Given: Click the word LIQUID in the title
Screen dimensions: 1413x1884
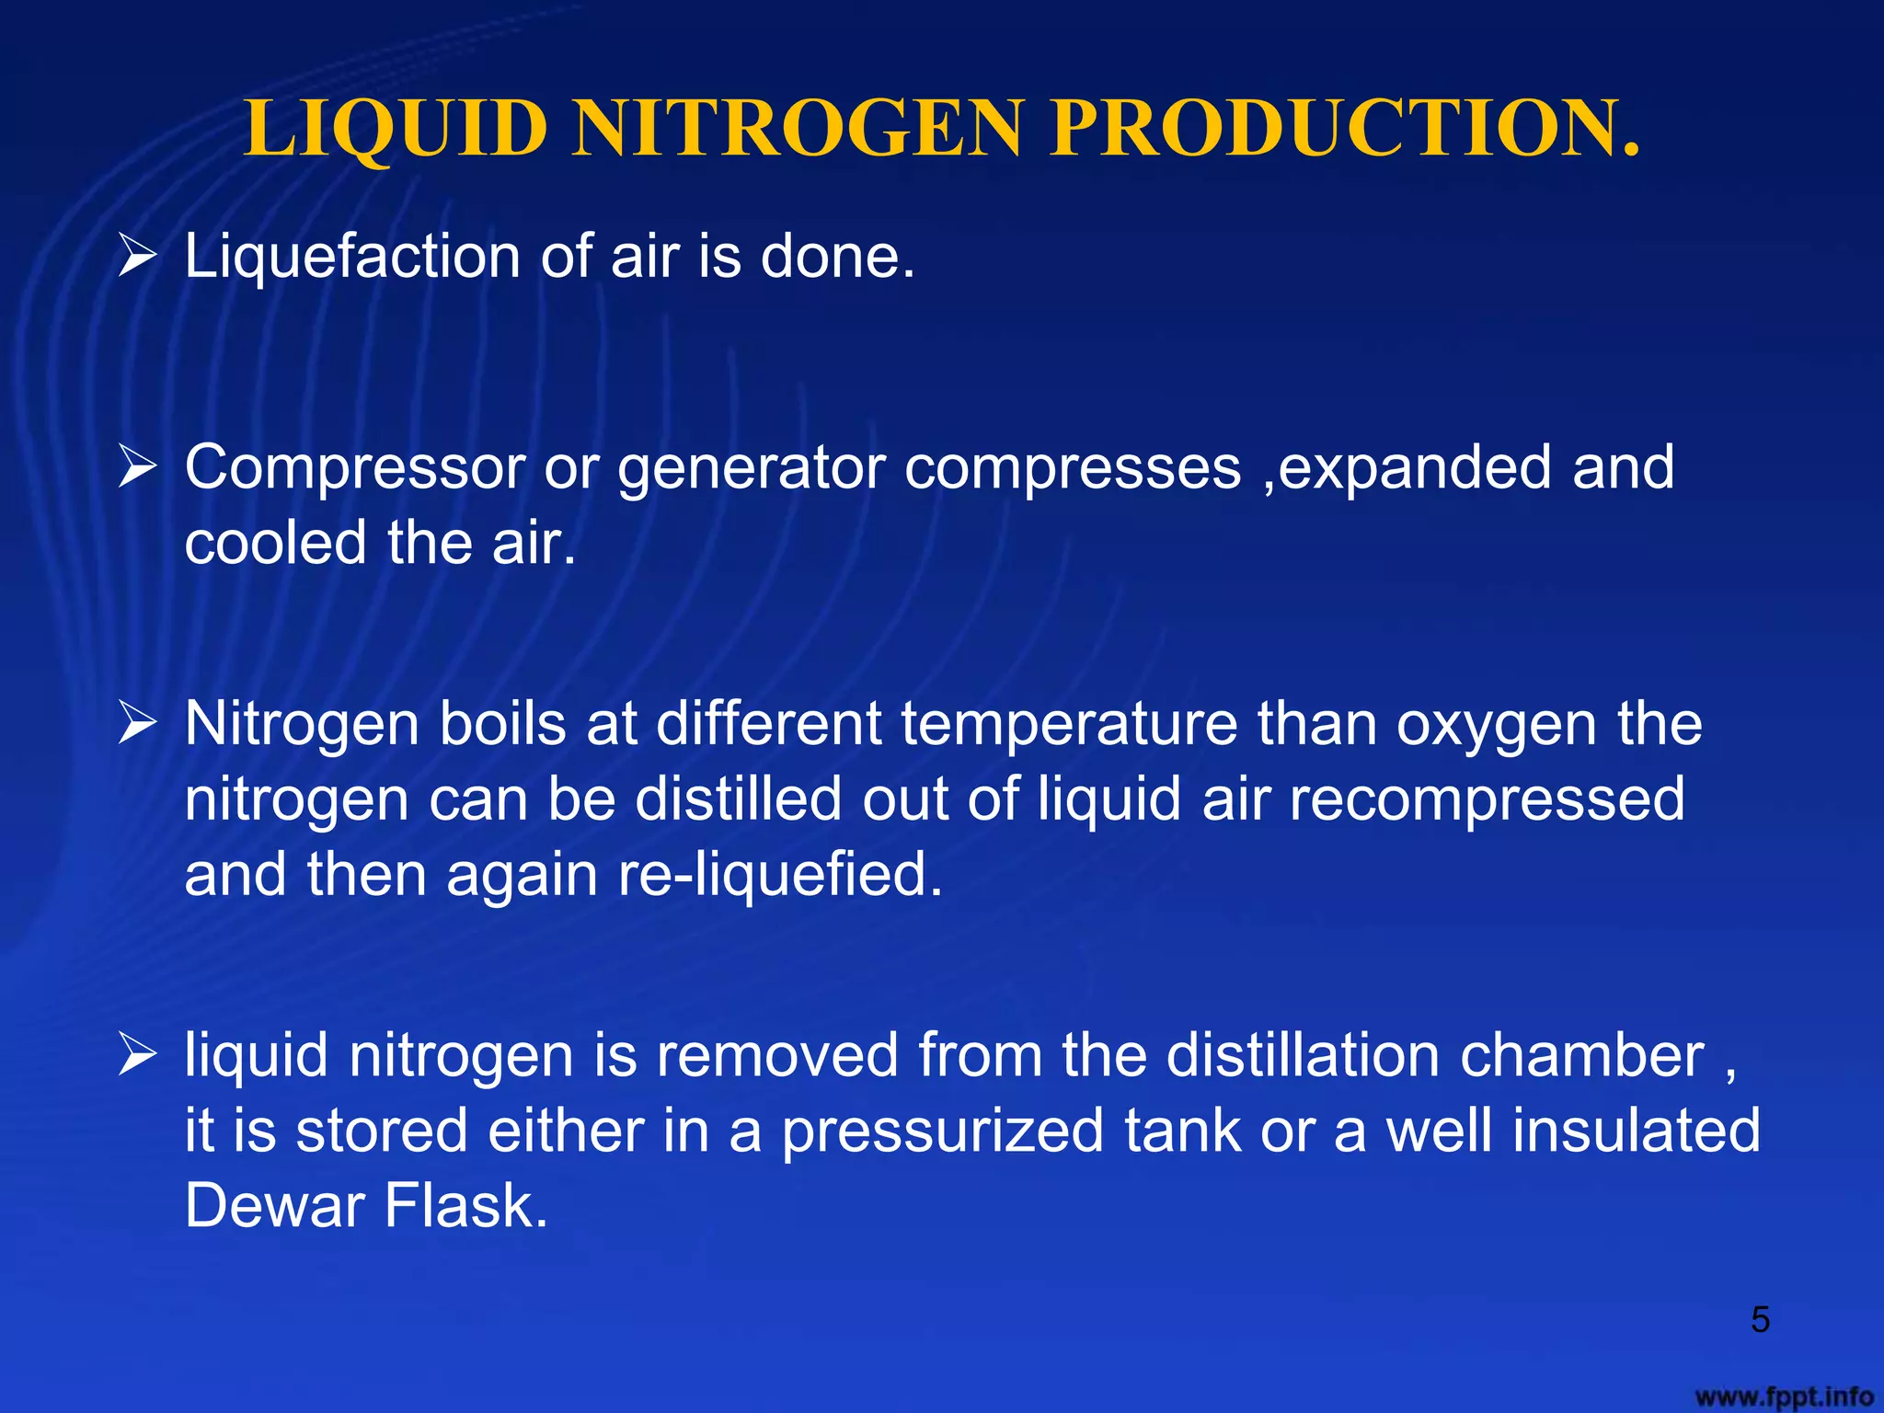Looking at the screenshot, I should [x=396, y=129].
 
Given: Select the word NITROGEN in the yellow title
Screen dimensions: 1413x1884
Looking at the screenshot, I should [x=797, y=129].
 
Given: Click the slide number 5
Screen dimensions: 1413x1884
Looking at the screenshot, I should [x=1760, y=1320].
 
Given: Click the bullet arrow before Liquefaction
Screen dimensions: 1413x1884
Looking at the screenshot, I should [x=138, y=256].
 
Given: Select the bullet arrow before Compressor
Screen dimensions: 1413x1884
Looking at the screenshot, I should [x=138, y=467].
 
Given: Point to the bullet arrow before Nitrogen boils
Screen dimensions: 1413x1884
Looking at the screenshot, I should [x=138, y=724].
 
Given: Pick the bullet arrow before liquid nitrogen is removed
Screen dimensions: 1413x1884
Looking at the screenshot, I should [x=138, y=1055].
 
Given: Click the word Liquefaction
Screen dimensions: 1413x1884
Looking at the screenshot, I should [x=352, y=256].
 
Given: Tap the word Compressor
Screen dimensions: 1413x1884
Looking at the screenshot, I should [x=354, y=467].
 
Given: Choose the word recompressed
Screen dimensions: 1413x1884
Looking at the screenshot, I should [x=1487, y=800].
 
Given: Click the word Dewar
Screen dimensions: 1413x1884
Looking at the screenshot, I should [x=274, y=1205].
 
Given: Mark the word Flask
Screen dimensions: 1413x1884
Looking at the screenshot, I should [x=466, y=1205].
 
